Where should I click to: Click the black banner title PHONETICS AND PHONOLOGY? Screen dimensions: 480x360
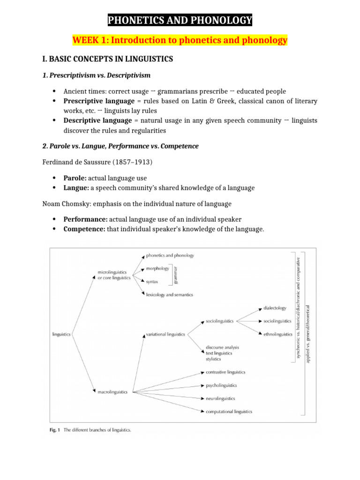click(180, 20)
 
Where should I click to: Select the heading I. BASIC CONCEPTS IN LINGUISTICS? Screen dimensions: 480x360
click(108, 59)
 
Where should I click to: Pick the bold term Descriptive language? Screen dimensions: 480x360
click(97, 120)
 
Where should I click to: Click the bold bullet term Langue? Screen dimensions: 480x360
click(77, 187)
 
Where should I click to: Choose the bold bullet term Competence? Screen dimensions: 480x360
click(84, 229)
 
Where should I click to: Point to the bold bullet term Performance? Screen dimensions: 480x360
click(85, 219)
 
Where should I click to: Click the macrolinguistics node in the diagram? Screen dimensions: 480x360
click(112, 392)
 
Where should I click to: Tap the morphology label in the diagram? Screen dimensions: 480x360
click(157, 269)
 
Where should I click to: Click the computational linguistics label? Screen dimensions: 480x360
click(229, 412)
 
